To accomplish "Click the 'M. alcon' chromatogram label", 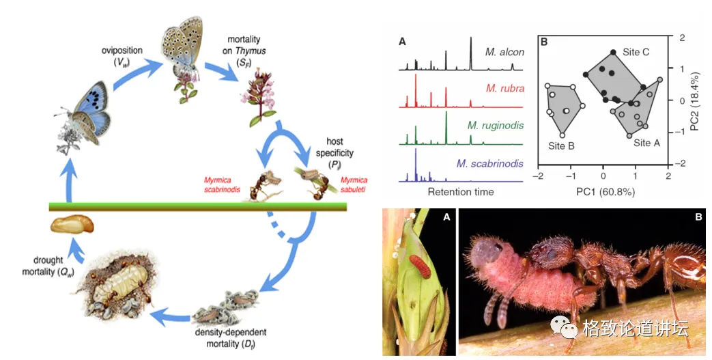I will tap(504, 51).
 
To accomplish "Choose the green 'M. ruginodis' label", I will tap(495, 125).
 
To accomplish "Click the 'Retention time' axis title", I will tap(461, 192).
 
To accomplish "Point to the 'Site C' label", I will tap(636, 52).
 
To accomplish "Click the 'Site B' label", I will tap(561, 146).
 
